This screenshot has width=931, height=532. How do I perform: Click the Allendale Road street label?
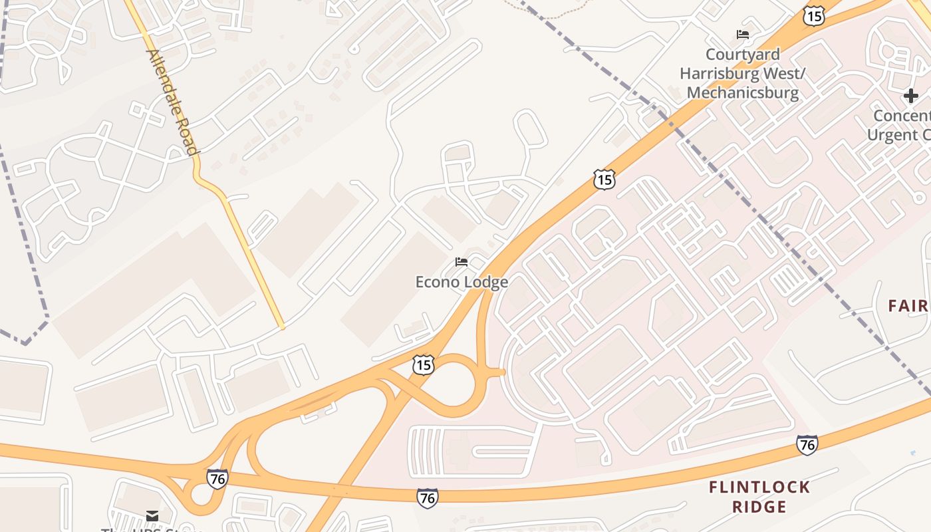tap(172, 102)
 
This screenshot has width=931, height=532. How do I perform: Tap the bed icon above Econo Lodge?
tap(462, 262)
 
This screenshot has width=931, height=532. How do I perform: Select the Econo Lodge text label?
tap(462, 282)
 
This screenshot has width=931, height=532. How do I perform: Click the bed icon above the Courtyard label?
tap(743, 35)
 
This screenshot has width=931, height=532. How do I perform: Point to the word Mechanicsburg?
tap(743, 92)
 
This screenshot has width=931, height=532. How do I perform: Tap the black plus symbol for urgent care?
tap(910, 96)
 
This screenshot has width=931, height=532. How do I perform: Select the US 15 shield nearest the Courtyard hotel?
tap(813, 15)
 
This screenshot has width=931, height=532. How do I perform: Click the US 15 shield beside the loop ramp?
tap(423, 364)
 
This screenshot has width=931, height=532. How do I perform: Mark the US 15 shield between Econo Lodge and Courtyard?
tap(604, 179)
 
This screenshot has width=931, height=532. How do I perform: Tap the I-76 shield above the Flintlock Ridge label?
tap(807, 445)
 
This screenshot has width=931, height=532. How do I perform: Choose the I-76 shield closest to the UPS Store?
tap(217, 478)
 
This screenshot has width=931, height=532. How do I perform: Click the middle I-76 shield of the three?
tap(428, 497)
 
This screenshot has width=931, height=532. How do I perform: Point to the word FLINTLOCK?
tap(759, 487)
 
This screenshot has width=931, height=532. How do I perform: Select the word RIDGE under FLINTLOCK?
tap(759, 507)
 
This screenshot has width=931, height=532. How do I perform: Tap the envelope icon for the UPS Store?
tap(152, 516)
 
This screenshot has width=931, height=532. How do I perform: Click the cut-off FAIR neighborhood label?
tap(908, 306)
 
